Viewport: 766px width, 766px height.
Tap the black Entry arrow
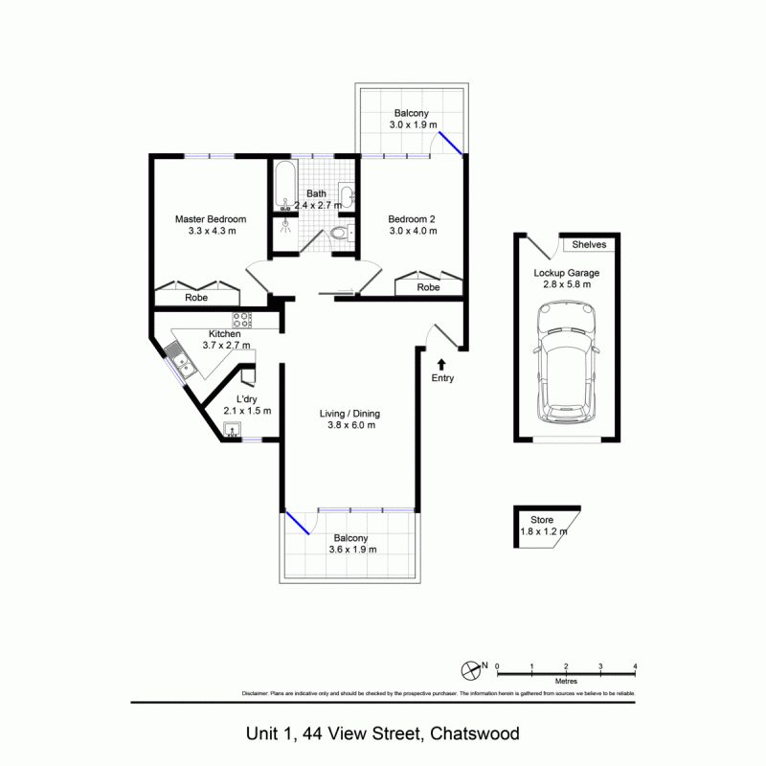point(441,364)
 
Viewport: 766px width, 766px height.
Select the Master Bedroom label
point(210,219)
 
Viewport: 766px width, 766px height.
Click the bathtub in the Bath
point(284,186)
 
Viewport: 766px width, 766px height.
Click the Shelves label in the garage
point(589,245)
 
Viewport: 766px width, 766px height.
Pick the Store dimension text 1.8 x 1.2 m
point(543,532)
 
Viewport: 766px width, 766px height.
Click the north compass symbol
point(470,666)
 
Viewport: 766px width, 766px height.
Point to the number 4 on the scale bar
point(635,665)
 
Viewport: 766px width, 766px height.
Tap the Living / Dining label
point(349,414)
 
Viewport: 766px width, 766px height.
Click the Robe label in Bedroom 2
point(428,287)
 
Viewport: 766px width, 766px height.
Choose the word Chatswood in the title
point(475,734)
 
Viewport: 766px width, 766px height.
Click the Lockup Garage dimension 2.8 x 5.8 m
point(567,285)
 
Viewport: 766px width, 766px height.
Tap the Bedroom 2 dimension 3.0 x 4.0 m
point(413,231)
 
